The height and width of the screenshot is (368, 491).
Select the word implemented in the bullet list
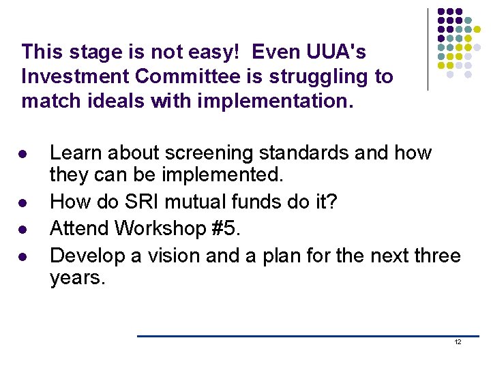(222, 175)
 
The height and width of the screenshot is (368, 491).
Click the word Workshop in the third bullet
(165, 228)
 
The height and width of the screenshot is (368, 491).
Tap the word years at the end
(76, 278)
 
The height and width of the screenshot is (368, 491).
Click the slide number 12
(458, 342)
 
